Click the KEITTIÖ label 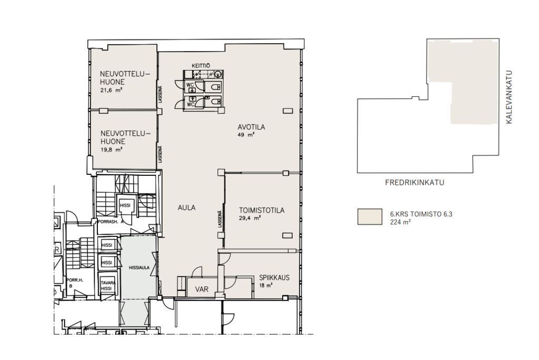[x=201, y=65]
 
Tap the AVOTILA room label [x=251, y=127]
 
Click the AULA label [x=187, y=208]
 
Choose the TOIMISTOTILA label [x=262, y=211]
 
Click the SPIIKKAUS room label [x=274, y=278]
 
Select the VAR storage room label [x=202, y=289]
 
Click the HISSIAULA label [x=139, y=267]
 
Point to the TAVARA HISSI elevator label [x=106, y=286]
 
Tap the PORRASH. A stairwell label [x=111, y=222]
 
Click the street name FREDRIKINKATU [x=415, y=183]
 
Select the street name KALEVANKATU [x=509, y=97]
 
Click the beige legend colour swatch [x=370, y=217]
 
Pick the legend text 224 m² [x=401, y=222]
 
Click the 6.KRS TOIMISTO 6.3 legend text [x=421, y=214]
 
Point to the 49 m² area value [x=246, y=135]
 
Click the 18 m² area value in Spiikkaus [x=266, y=285]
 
